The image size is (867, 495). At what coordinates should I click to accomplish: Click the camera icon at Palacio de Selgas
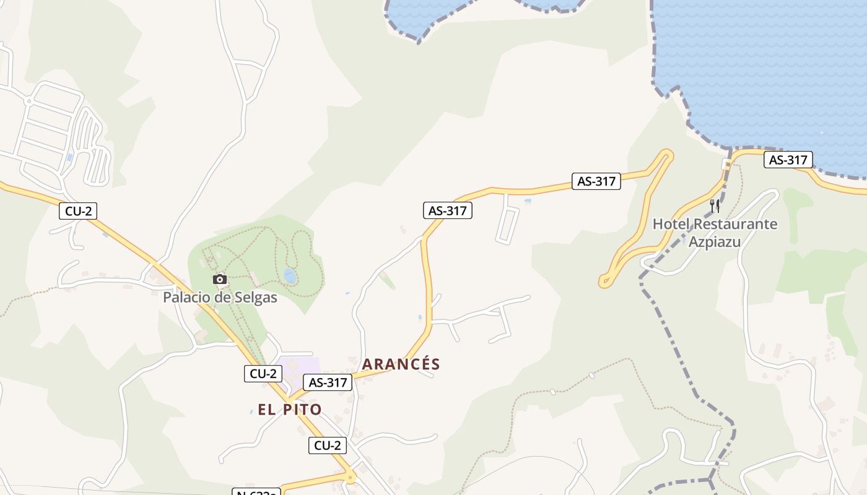220,280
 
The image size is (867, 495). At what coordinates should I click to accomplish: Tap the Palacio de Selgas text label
220,298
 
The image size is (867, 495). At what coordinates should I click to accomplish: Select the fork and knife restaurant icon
715,206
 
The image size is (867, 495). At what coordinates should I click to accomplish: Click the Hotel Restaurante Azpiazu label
715,232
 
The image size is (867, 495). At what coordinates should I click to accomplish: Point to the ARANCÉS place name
401,364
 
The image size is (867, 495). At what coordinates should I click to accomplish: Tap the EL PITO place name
290,409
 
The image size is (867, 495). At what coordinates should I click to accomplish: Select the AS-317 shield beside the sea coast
788,160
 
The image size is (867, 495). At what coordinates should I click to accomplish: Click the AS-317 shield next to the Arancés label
328,382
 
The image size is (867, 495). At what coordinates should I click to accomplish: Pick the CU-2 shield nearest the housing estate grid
79,211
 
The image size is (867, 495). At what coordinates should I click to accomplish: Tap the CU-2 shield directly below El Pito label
328,445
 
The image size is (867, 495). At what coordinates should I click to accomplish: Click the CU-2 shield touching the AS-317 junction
263,374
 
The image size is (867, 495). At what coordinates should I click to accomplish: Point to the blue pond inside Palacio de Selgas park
289,275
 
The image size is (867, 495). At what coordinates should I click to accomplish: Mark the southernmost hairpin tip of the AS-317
604,283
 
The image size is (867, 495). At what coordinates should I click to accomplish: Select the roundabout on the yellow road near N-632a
351,476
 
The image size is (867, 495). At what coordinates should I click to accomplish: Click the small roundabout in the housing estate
28,100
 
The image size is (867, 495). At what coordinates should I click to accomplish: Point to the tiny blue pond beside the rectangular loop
527,201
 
